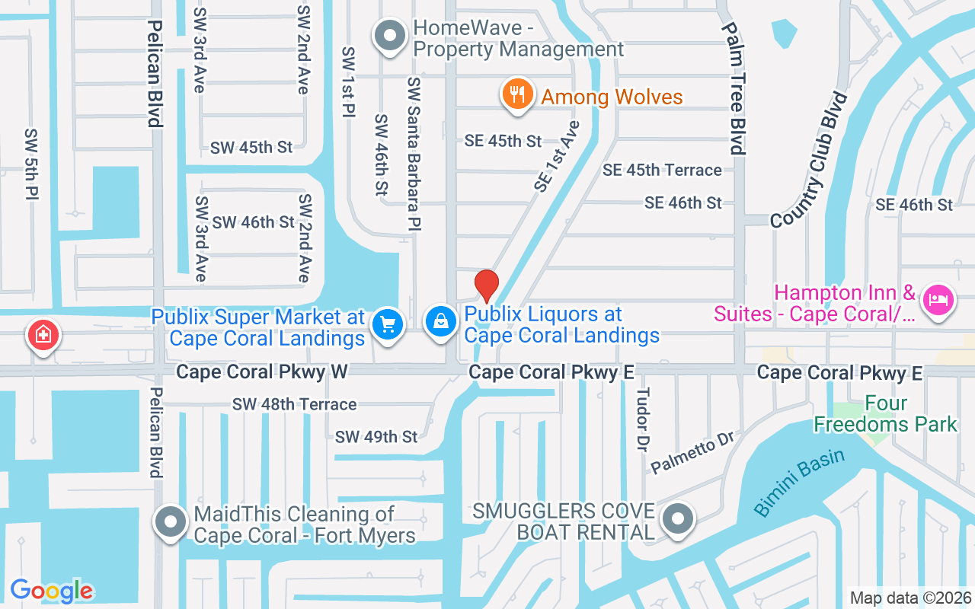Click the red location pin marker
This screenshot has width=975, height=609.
[x=487, y=285]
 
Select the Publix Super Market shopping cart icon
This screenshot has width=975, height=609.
[x=388, y=325]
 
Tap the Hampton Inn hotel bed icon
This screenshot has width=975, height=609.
[x=938, y=299]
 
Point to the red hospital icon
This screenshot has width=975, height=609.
[x=44, y=334]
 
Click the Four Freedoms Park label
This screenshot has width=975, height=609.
[x=886, y=413]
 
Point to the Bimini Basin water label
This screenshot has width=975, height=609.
[x=799, y=483]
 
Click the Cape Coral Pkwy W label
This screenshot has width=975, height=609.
[x=262, y=371]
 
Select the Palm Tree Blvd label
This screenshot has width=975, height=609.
[x=736, y=88]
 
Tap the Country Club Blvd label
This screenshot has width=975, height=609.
[x=809, y=160]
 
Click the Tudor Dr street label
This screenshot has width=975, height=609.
[x=643, y=418]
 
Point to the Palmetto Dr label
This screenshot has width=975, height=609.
[x=692, y=452]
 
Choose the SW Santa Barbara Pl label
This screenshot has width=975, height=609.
[x=414, y=153]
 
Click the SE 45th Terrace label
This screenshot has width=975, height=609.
[x=662, y=170]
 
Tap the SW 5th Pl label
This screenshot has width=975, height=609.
[x=31, y=164]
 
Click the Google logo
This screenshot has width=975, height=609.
[x=52, y=591]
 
